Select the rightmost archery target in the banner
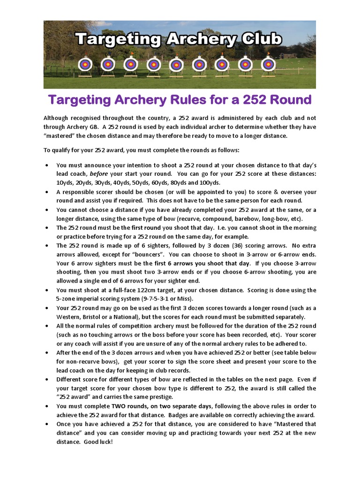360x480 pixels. pyautogui.click(x=268, y=63)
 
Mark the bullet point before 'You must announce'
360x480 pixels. pyautogui.click(x=47, y=165)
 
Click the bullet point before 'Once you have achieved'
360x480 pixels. pyautogui.click(x=47, y=424)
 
